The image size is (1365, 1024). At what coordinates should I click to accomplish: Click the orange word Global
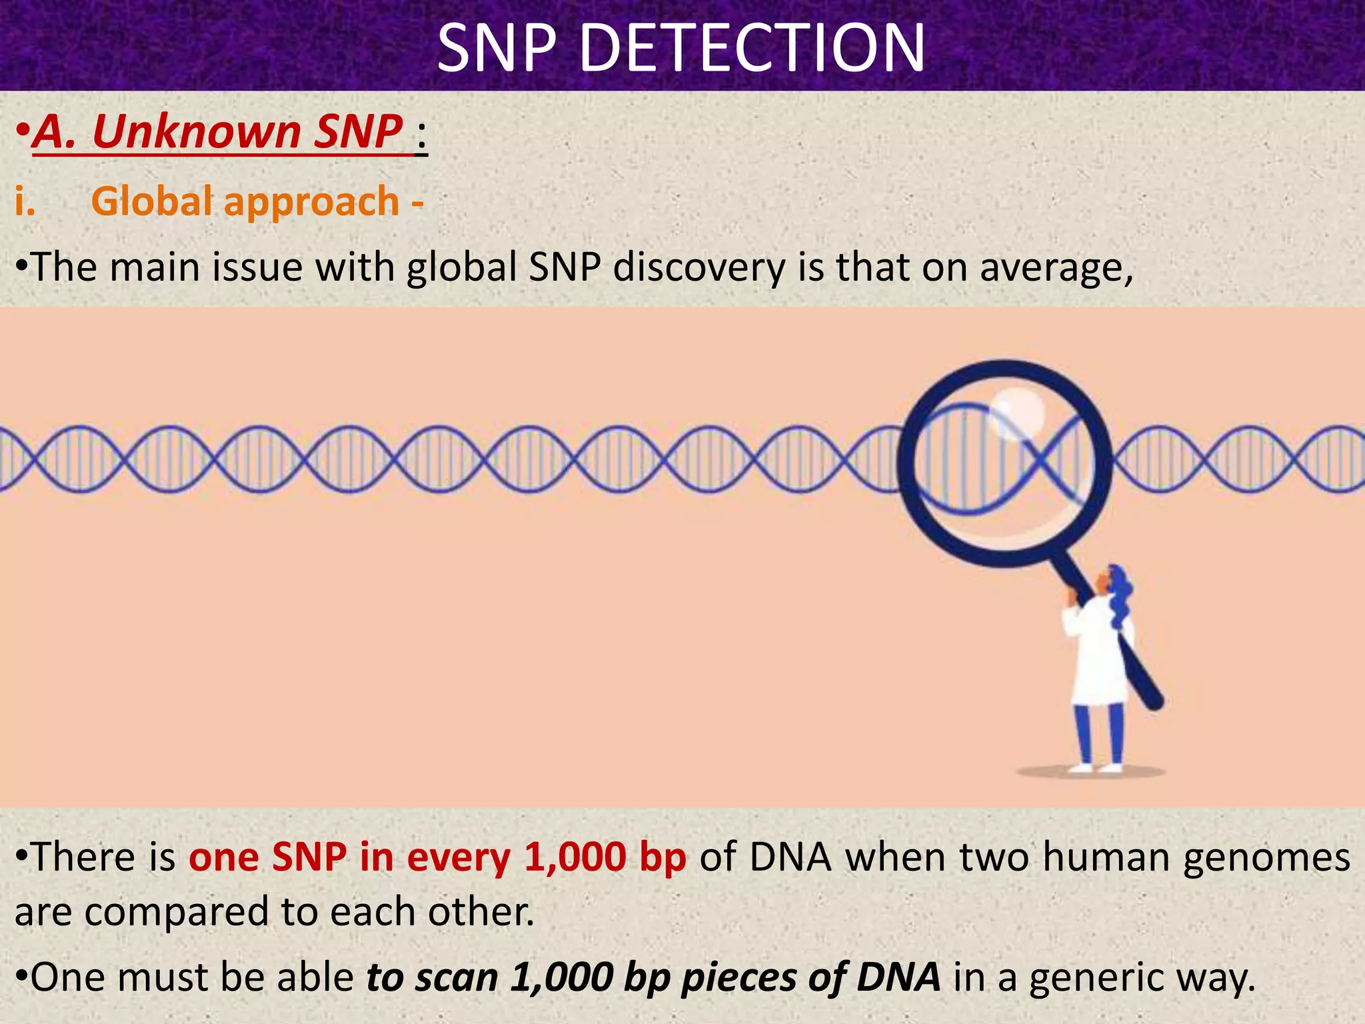click(152, 201)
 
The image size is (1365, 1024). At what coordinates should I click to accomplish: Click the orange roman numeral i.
click(25, 201)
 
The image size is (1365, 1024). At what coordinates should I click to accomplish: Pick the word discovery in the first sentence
click(699, 268)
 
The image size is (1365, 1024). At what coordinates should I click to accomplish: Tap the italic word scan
click(457, 977)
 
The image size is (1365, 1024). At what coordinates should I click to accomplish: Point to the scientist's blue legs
click(1100, 733)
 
